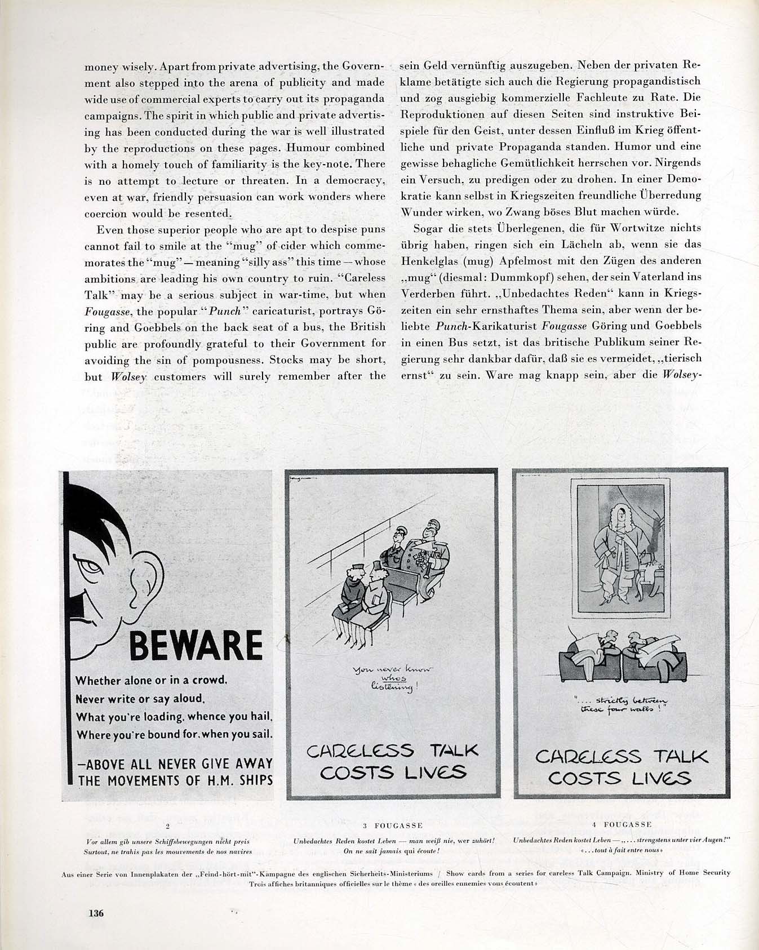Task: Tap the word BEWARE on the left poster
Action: point(196,645)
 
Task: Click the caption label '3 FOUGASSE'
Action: point(393,825)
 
